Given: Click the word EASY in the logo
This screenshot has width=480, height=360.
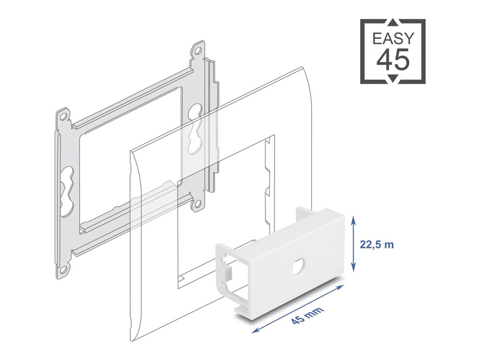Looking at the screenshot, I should click(393, 38).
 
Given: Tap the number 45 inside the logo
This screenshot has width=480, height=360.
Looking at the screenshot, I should click(393, 60).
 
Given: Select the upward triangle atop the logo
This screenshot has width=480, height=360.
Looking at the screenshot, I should click(393, 23).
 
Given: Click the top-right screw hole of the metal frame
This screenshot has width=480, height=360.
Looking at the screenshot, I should click(199, 49).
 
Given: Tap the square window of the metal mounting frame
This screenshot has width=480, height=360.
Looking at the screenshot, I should click(129, 155).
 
